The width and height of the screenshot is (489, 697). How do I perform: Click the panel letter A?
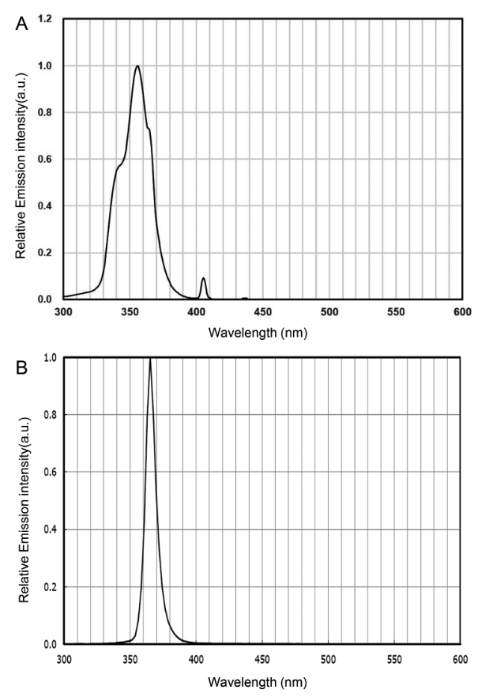point(22,24)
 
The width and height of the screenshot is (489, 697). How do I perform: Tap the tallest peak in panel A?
point(137,66)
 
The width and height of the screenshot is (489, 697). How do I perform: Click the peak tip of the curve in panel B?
point(150,359)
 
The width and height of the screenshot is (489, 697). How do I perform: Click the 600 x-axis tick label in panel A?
point(462,311)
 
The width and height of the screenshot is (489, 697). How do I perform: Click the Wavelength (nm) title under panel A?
point(258,333)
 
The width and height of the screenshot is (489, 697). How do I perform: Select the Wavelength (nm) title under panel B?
point(258,680)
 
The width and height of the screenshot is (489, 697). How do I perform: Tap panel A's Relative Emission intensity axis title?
point(21,158)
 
